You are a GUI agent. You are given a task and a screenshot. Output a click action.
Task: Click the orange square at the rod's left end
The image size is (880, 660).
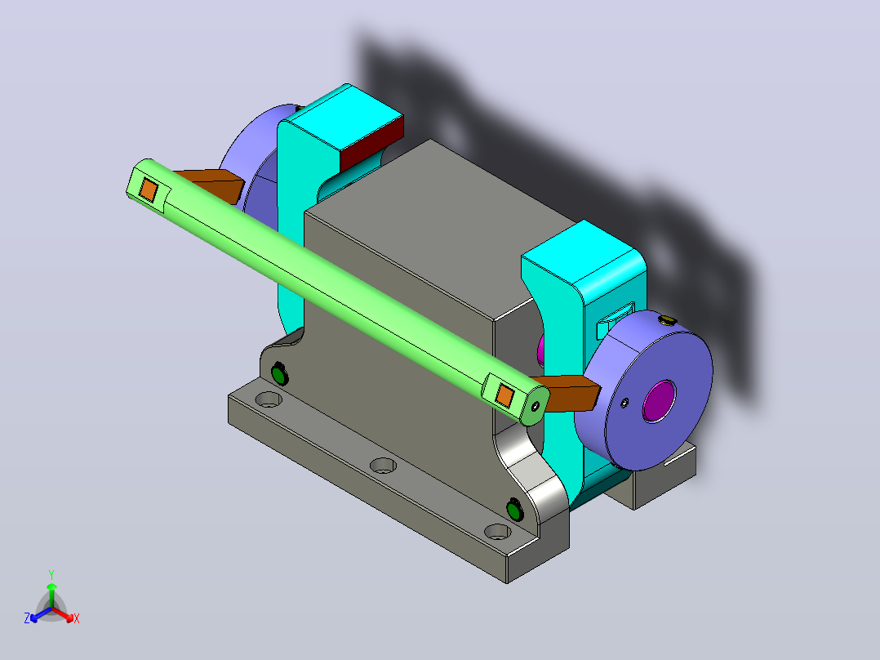point(149,190)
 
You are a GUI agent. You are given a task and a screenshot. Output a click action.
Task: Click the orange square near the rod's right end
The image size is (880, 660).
point(504,396)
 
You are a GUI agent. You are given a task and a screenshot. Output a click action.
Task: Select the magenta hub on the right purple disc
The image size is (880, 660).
point(659,401)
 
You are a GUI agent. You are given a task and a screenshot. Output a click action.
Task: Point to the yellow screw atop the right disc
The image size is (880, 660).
point(667,321)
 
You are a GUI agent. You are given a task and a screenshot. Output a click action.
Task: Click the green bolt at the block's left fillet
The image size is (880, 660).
point(279,373)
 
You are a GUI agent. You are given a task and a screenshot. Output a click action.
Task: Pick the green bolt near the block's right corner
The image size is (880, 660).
point(514,510)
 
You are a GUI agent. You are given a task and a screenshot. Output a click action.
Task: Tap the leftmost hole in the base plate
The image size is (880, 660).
point(269,400)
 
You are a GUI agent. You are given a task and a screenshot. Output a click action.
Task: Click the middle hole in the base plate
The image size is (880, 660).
point(384,466)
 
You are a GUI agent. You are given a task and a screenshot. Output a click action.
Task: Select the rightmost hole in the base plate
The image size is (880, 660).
point(497,532)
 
